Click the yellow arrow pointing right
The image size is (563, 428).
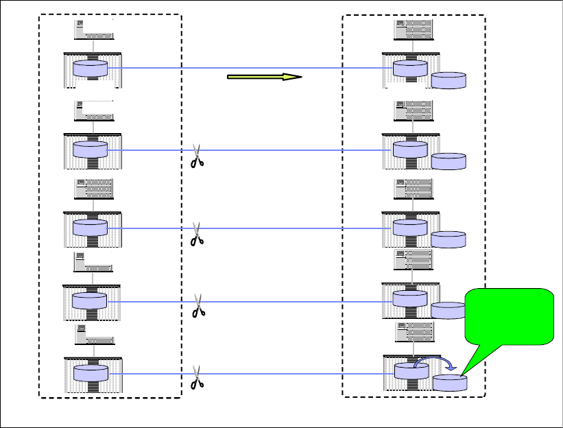point(264,77)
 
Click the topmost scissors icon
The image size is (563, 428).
point(197,156)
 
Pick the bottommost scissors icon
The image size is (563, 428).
point(197,377)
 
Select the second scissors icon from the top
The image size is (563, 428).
point(197,233)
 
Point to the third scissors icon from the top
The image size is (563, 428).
point(197,306)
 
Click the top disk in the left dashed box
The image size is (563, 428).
point(91,69)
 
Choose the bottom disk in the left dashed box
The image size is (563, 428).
point(91,374)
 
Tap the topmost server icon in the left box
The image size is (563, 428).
point(93,29)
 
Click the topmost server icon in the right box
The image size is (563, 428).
point(413,29)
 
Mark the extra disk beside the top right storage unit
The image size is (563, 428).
point(448,80)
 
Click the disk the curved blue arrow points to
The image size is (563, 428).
point(449,383)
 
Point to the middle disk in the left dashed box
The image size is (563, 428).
point(91,228)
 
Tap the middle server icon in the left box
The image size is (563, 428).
point(93,188)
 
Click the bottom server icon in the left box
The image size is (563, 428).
point(93,335)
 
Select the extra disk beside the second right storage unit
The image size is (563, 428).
point(448,161)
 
